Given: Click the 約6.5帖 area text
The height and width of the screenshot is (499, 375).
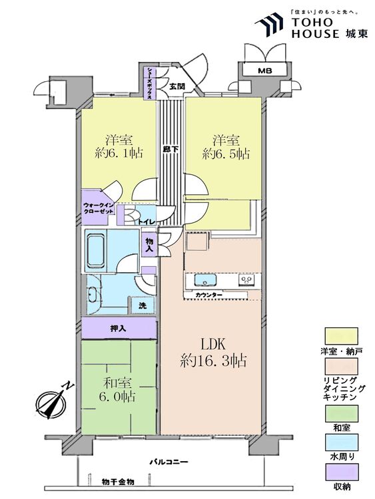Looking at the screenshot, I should click(x=226, y=154).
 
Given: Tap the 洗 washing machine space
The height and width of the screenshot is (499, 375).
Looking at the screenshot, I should click(x=142, y=306).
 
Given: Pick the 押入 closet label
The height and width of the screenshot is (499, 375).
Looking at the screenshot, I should click(x=119, y=329).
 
